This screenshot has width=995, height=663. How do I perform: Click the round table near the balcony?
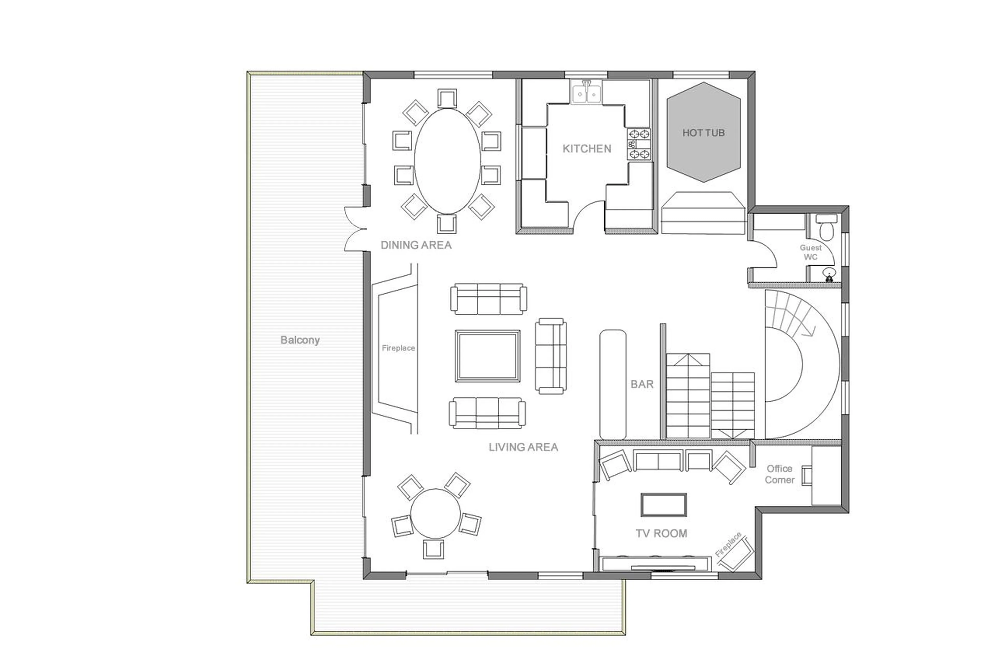pyautogui.click(x=435, y=514)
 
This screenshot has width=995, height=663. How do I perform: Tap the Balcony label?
pyautogui.click(x=300, y=340)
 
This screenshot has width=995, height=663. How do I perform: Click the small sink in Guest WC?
pyautogui.click(x=829, y=273)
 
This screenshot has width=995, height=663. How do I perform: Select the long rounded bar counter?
pyautogui.click(x=612, y=384)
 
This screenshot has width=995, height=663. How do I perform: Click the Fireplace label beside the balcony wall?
pyautogui.click(x=398, y=348)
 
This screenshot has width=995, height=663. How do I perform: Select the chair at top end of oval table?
pyautogui.click(x=447, y=98)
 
